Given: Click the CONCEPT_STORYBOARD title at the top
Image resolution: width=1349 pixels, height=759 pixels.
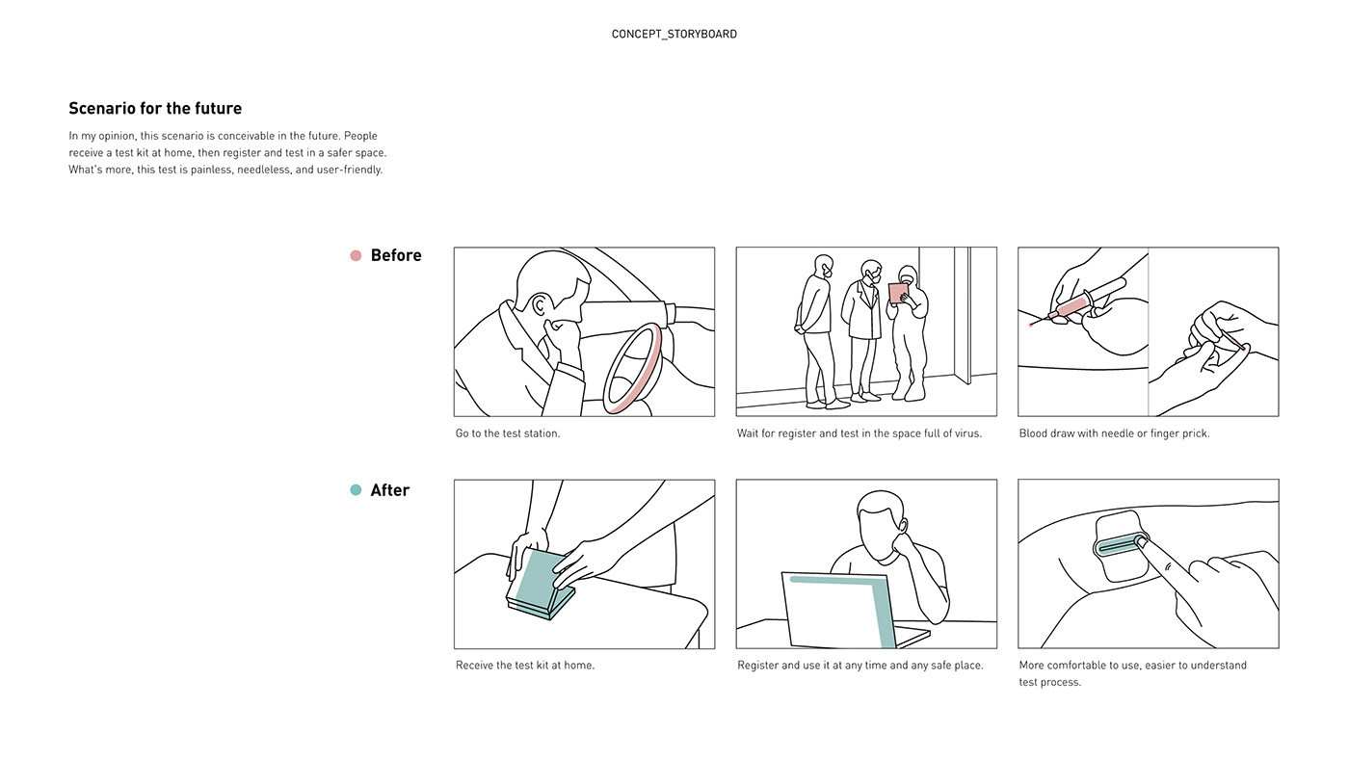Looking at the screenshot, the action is tap(674, 34).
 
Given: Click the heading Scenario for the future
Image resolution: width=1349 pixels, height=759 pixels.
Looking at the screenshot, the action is tap(155, 109).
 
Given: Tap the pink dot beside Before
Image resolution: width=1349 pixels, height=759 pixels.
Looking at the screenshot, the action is tap(356, 255).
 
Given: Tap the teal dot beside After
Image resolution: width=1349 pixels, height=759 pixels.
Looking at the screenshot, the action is tap(356, 490).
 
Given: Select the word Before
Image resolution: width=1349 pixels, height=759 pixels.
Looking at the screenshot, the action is tap(396, 255).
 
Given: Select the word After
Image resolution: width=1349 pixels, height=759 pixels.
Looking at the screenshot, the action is tap(390, 490).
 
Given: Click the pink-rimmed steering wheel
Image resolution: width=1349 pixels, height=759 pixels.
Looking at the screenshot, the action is tap(636, 370).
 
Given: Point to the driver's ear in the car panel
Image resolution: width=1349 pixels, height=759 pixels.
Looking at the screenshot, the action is tap(540, 307).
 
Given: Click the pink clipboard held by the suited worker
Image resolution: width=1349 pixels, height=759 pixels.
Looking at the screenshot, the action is tap(898, 293).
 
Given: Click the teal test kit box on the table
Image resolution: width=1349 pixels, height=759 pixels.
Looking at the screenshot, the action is tap(540, 582).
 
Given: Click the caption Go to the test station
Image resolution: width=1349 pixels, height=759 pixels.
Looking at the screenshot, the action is tap(508, 433).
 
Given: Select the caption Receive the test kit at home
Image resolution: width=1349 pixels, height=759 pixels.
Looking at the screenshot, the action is tap(525, 666).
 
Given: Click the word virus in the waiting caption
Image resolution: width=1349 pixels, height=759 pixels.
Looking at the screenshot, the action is tap(965, 433).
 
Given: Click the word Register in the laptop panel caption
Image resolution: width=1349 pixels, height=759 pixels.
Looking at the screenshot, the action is tap(759, 666).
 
